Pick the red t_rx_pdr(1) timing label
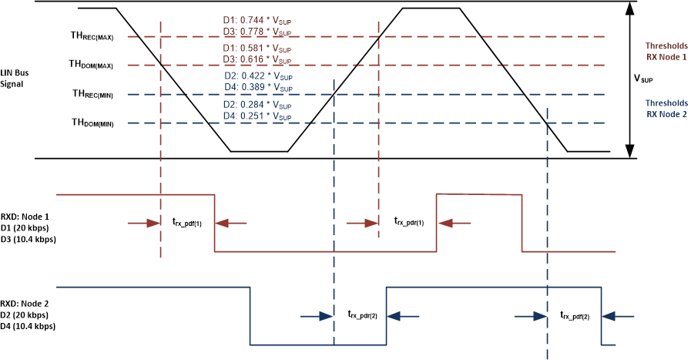click(x=408, y=222)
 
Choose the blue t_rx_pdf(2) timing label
click(x=576, y=315)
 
